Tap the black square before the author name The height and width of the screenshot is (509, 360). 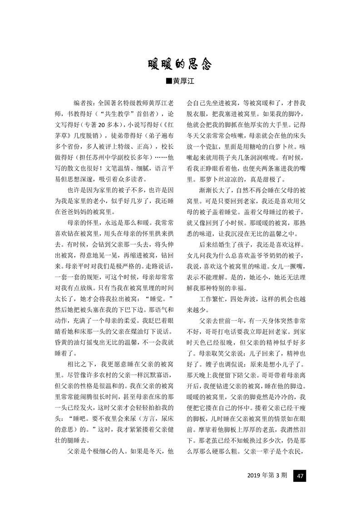pos(169,81)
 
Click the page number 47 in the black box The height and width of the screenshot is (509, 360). pos(300,476)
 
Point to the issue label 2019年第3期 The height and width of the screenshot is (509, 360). pos(267,476)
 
